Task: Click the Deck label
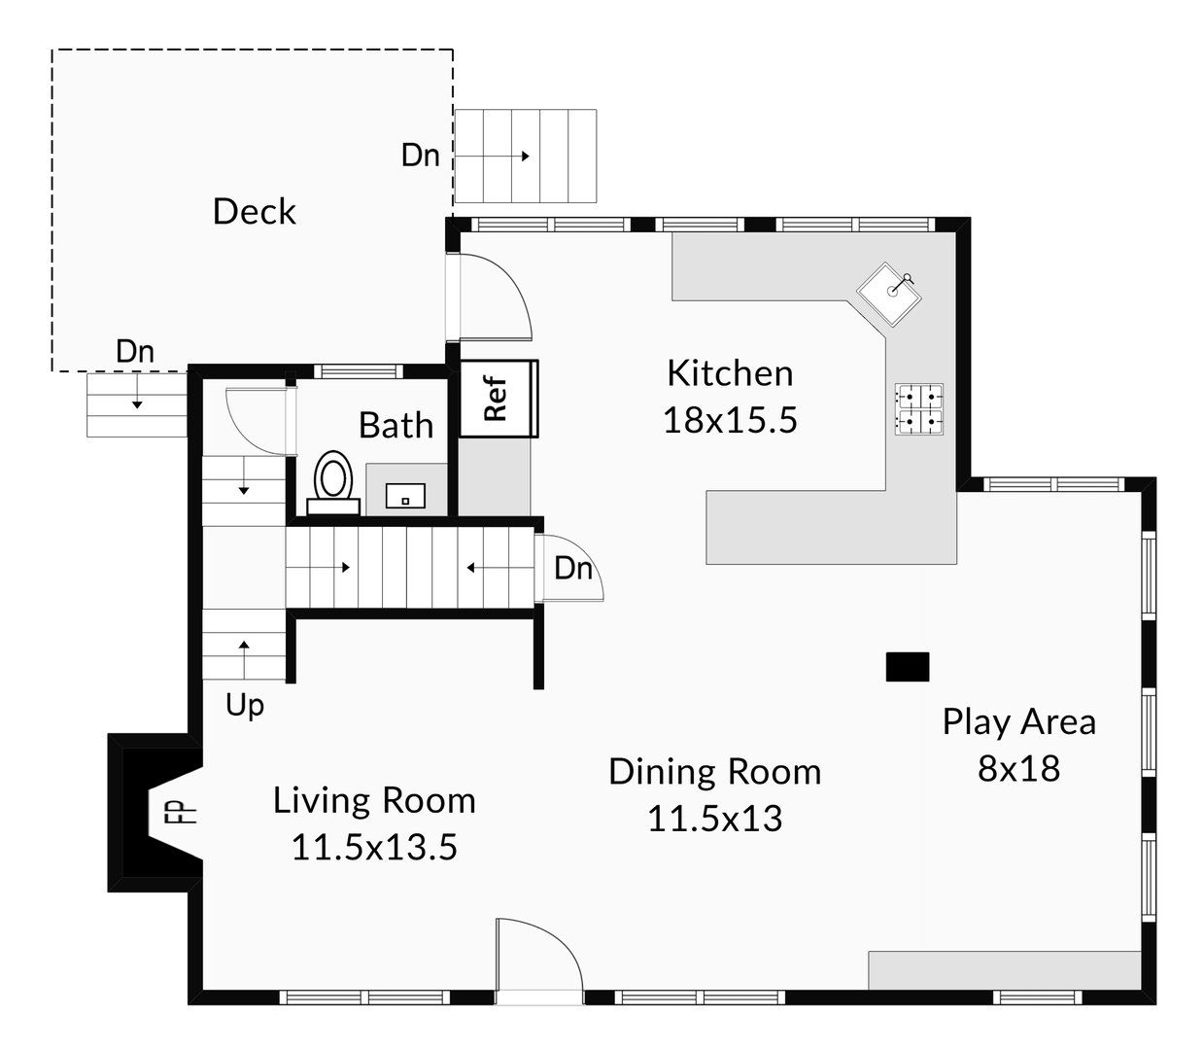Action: tap(255, 211)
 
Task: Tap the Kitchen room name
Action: tap(731, 373)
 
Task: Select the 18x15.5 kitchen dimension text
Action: tap(731, 420)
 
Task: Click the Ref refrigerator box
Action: tap(499, 399)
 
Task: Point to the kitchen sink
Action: tap(888, 294)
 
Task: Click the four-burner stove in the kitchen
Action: tap(919, 409)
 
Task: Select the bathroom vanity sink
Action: tap(405, 496)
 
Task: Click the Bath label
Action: tap(396, 425)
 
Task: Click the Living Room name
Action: tap(374, 800)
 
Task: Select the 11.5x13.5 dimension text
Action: tap(374, 848)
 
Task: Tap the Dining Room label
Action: tap(715, 772)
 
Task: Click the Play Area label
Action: tap(1019, 722)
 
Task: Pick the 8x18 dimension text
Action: tap(1019, 768)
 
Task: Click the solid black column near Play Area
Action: tap(908, 667)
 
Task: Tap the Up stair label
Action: tap(245, 705)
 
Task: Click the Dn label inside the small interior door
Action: tap(573, 569)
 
